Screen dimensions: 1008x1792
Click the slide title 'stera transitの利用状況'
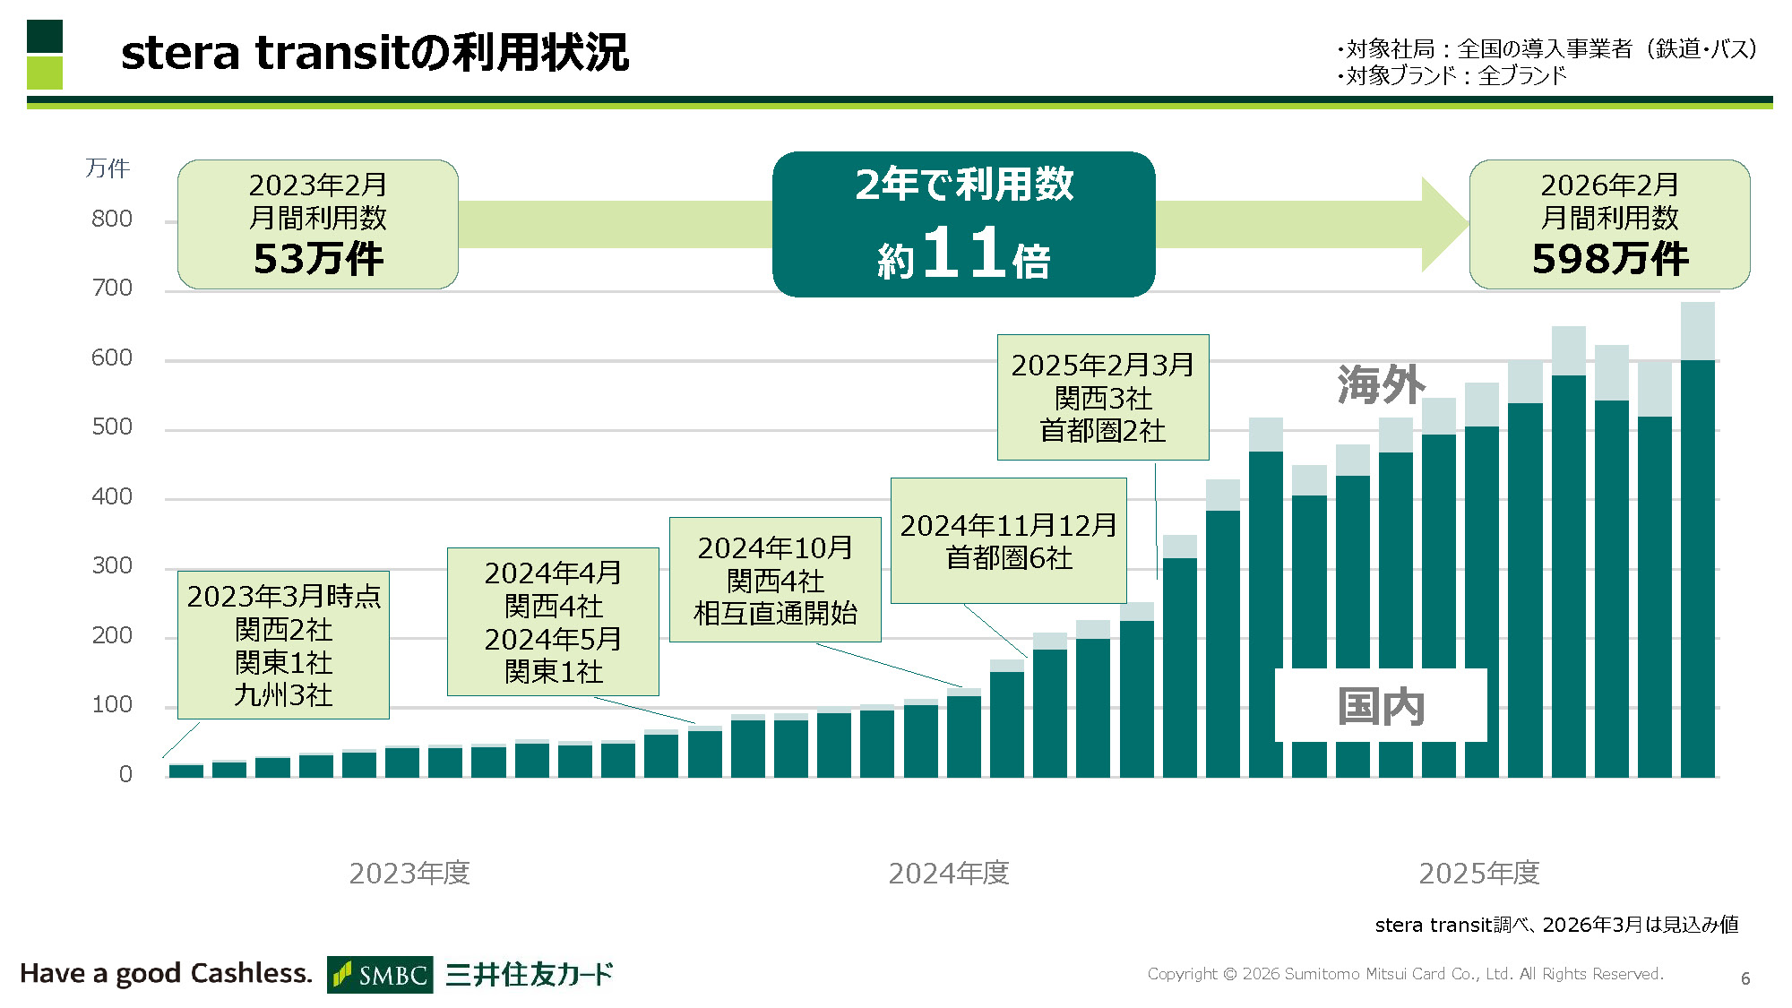click(375, 52)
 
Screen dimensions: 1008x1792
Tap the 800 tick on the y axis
click(112, 220)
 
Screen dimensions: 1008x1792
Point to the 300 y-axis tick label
click(112, 566)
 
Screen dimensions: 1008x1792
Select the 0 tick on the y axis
click(125, 774)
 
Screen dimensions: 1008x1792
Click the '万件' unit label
click(108, 168)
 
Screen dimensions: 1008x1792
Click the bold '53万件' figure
click(318, 259)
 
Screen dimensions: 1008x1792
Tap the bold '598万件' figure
click(1610, 259)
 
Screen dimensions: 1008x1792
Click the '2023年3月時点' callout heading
click(284, 597)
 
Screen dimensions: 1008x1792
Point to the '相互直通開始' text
click(775, 614)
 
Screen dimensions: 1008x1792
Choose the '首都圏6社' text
click(1009, 558)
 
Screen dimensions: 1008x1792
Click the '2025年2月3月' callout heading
click(1102, 366)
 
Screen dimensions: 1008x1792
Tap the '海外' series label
click(1381, 385)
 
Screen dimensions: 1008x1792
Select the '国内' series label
click(1381, 707)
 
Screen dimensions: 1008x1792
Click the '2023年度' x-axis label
click(409, 873)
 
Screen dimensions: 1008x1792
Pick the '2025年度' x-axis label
click(1479, 873)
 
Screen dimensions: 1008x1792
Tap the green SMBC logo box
click(380, 975)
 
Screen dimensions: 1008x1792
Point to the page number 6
click(1745, 978)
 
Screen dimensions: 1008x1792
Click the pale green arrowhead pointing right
click(1443, 224)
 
